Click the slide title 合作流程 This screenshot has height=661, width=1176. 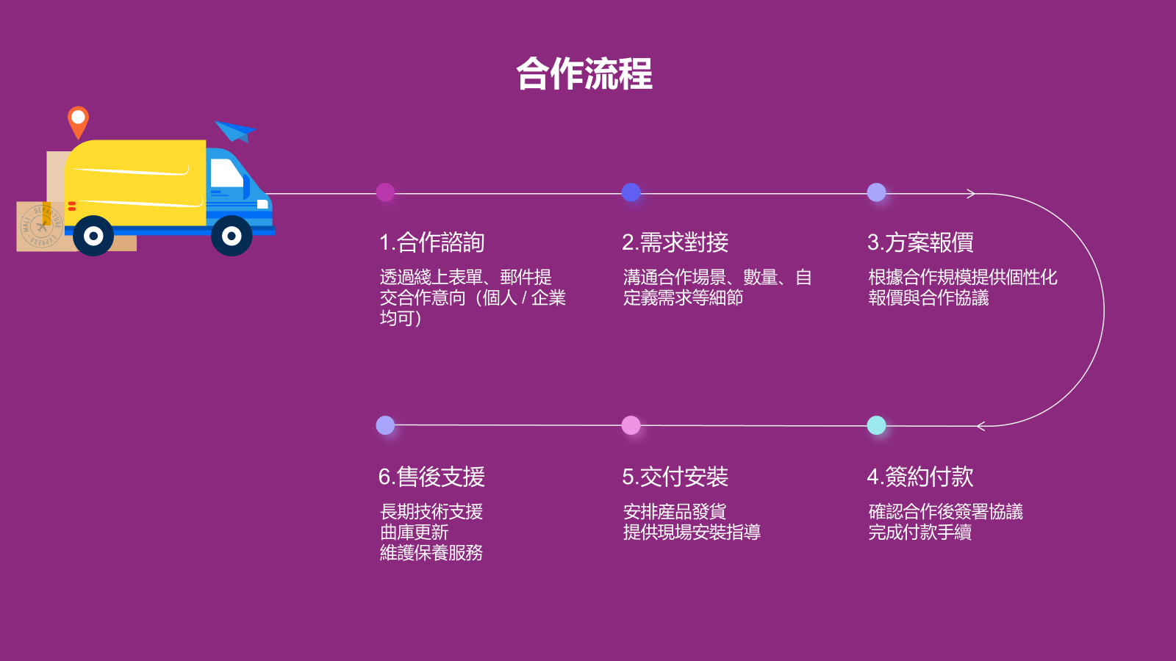point(584,74)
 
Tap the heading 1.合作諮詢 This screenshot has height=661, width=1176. point(431,242)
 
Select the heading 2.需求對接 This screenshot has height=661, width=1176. point(675,242)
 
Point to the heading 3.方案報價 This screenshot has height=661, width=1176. point(920,242)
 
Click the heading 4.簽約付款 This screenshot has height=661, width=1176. point(920,477)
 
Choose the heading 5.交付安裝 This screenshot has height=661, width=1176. point(675,477)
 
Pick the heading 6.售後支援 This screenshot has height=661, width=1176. point(431,477)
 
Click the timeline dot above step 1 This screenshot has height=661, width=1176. point(385,192)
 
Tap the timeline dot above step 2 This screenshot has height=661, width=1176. point(631,192)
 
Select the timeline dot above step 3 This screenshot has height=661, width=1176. point(876,192)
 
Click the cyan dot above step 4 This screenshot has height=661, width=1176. point(876,425)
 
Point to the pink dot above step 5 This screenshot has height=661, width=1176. point(631,425)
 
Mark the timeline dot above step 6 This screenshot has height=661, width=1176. point(385,425)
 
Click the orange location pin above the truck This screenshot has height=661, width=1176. point(78,120)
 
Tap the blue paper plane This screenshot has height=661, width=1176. point(235,131)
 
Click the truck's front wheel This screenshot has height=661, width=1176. point(232,236)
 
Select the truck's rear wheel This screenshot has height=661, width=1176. point(93,236)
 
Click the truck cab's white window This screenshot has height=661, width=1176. point(226,174)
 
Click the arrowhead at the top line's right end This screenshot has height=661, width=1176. point(972,194)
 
